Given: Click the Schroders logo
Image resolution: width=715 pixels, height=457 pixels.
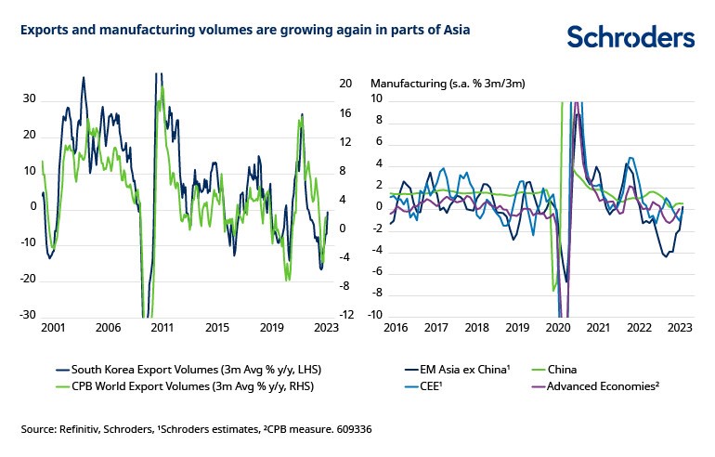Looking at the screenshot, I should [630, 36].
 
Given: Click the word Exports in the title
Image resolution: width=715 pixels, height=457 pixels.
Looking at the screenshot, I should [44, 30].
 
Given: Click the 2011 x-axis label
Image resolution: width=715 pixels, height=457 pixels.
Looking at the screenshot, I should [162, 328].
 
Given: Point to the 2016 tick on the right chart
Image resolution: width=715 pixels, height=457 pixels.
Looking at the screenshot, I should [397, 328].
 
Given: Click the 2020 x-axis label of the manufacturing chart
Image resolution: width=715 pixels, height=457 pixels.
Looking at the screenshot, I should [558, 328].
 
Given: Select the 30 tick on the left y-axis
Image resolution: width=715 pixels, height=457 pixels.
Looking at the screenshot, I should [30, 98].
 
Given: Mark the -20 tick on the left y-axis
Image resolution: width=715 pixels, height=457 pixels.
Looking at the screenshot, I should [28, 279].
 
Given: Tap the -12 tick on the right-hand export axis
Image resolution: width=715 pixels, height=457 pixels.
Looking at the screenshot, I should [345, 315].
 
